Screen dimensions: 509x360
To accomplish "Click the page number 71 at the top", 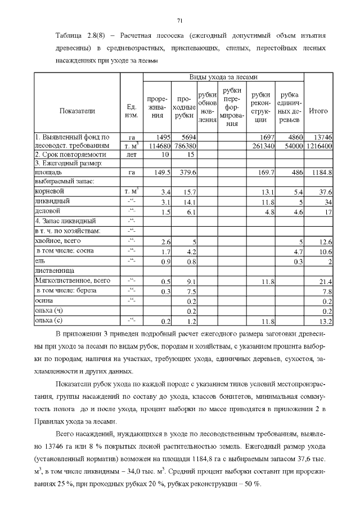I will (180, 21).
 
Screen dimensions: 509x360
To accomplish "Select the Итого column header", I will (318, 111).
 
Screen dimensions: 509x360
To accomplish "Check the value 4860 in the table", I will (295, 137).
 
